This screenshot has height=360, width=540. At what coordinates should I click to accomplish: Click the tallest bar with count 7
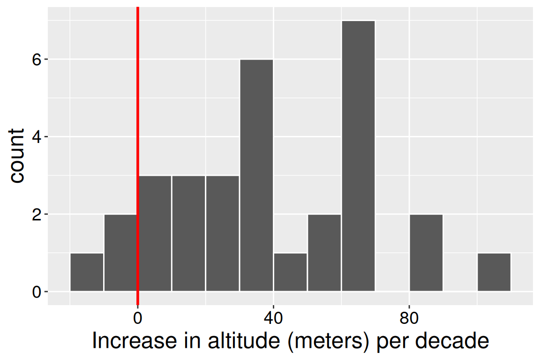pos(358,156)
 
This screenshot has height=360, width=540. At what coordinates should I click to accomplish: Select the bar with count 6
pos(256,175)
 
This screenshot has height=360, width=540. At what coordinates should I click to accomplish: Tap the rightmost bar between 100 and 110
pos(494,272)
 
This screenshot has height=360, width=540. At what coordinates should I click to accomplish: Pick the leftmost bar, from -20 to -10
pos(87,272)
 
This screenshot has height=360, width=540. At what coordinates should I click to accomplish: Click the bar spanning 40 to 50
pos(291,272)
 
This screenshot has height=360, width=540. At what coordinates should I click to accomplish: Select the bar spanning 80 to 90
pos(426,253)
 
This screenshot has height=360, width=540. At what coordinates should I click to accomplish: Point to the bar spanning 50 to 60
pos(324,253)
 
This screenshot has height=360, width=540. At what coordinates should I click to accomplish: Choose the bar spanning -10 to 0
pos(120,253)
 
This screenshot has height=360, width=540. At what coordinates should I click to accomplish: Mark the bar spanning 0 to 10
pos(155,233)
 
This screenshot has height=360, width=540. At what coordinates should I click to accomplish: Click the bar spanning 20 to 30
pos(223,233)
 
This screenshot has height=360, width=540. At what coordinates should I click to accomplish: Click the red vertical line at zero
pos(138,117)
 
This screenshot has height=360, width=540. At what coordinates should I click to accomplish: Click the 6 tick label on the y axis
pos(37,60)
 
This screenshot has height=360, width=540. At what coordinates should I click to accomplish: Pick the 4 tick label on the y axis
pos(37,137)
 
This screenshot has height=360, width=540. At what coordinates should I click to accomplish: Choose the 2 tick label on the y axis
pos(37,214)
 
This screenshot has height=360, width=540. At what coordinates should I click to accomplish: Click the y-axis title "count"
pos(17,156)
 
